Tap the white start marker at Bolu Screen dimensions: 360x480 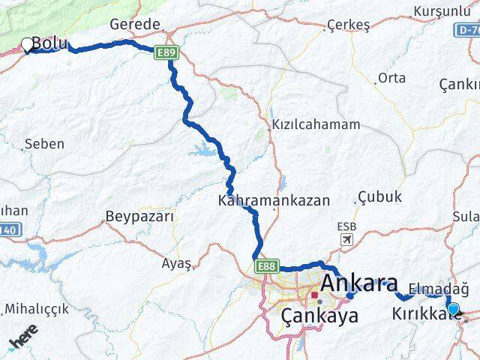(28, 45)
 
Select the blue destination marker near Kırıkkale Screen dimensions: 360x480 (453, 307)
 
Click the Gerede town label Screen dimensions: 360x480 (135, 24)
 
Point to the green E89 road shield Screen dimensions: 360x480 (166, 52)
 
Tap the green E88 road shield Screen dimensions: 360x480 (267, 266)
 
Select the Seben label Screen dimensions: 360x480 (44, 143)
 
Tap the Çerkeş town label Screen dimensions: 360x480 (349, 25)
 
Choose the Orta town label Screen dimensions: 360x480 (391, 78)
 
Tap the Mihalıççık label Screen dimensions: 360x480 (37, 309)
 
